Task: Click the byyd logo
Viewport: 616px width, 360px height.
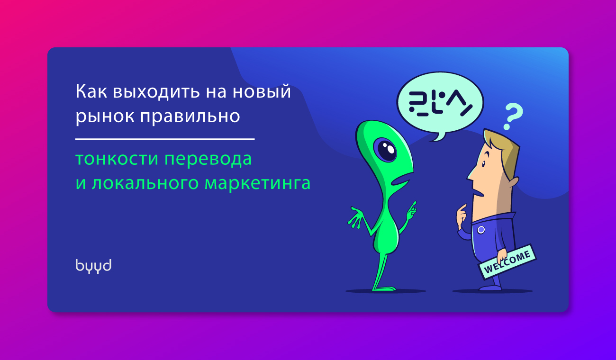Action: [93, 266]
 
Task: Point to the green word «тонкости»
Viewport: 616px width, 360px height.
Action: [117, 159]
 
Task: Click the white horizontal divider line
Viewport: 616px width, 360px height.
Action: [165, 139]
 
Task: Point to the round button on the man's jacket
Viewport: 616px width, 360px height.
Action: [481, 230]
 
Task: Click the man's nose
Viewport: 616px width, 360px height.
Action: [470, 175]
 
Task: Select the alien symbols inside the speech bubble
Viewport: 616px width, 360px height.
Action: [441, 103]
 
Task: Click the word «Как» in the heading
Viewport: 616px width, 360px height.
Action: [91, 91]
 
